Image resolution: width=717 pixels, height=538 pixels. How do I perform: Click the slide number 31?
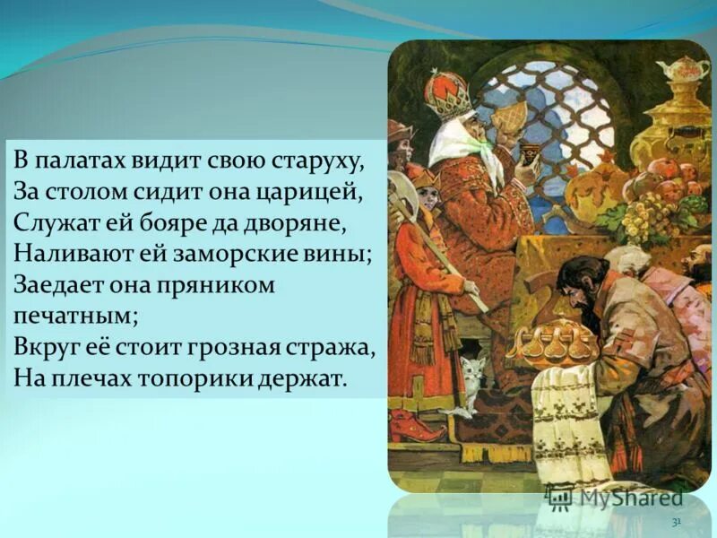click(677, 521)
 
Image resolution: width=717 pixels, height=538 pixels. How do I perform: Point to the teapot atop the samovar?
click(681, 70)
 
